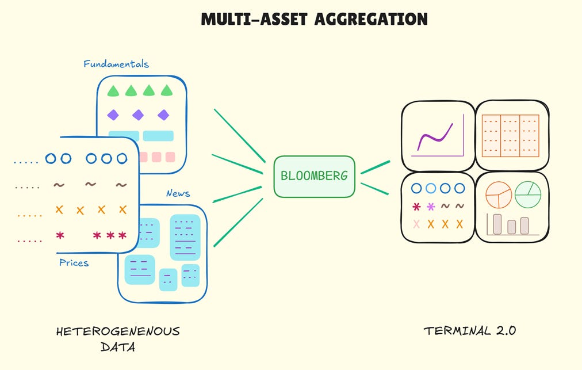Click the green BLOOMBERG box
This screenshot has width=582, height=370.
click(x=314, y=176)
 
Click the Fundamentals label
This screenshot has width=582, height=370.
click(x=116, y=64)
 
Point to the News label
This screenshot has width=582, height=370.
click(x=178, y=194)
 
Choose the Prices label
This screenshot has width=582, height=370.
click(x=74, y=262)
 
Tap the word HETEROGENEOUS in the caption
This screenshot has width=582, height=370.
click(x=118, y=331)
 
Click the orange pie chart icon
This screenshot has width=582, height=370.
click(x=499, y=194)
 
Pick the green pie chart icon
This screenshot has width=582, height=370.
click(x=527, y=193)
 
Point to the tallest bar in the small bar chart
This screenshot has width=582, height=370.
click(x=497, y=224)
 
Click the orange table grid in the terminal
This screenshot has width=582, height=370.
click(x=511, y=135)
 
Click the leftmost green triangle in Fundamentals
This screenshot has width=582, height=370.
click(x=113, y=90)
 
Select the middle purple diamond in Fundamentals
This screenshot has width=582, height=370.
click(x=138, y=115)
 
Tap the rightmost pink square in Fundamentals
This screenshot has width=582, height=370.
click(x=170, y=157)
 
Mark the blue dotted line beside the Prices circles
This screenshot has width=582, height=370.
click(x=26, y=162)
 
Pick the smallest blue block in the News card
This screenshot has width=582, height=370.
click(x=168, y=279)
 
